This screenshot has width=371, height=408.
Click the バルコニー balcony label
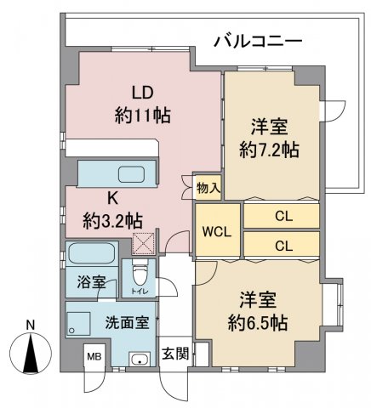click(x=258, y=42)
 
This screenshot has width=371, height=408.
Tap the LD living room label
click(x=143, y=93)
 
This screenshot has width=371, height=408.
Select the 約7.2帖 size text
click(x=269, y=150)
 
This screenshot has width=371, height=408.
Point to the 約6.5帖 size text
click(x=258, y=322)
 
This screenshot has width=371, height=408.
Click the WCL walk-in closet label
click(x=217, y=232)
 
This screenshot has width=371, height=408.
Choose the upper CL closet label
click(x=283, y=217)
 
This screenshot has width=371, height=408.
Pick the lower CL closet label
click(x=283, y=246)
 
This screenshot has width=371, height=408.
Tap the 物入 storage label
click(x=208, y=188)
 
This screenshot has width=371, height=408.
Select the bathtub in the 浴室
click(x=92, y=253)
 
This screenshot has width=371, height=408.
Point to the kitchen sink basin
click(x=132, y=174)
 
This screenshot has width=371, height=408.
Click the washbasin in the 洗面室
click(x=139, y=359)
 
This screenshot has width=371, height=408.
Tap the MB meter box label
click(x=94, y=357)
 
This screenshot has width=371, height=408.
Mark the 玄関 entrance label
click(x=175, y=354)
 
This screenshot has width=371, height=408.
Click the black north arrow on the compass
click(x=31, y=352)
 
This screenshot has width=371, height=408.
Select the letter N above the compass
click(x=31, y=326)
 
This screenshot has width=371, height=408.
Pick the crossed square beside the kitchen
click(x=144, y=243)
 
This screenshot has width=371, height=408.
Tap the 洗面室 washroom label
click(x=128, y=322)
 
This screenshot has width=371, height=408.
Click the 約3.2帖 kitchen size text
click(x=113, y=221)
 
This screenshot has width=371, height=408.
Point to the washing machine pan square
click(x=78, y=324)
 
